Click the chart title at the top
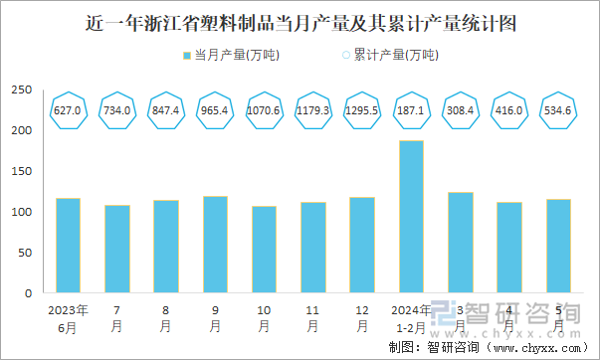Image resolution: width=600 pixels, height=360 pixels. (300, 21)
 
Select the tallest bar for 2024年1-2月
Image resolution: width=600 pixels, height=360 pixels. (411, 217)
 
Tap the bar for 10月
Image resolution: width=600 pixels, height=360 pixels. (264, 250)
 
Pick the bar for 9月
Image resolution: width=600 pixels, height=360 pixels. (215, 245)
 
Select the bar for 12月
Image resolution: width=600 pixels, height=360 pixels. (362, 245)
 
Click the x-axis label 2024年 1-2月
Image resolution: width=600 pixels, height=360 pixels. (411, 317)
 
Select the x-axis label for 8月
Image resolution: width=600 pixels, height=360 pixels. (166, 317)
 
